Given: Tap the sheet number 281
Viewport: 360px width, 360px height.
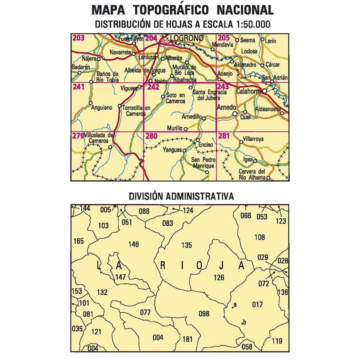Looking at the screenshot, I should (x=224, y=136).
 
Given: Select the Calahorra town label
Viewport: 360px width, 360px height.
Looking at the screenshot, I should (x=248, y=92).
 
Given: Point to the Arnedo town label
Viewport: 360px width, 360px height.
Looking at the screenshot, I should (x=225, y=108).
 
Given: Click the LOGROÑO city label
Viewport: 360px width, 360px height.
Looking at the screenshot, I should (x=187, y=38).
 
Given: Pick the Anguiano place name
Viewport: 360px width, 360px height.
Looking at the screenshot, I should (x=102, y=108).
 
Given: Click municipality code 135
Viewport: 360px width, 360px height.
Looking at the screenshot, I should (x=186, y=246).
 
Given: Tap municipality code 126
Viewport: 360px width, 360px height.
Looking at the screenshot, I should (x=219, y=278).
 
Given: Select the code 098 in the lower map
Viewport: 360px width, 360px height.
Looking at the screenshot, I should (x=204, y=314).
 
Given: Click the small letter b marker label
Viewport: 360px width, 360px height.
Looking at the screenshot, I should (x=244, y=322).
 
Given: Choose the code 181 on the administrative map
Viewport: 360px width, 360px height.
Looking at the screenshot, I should (x=187, y=340).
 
